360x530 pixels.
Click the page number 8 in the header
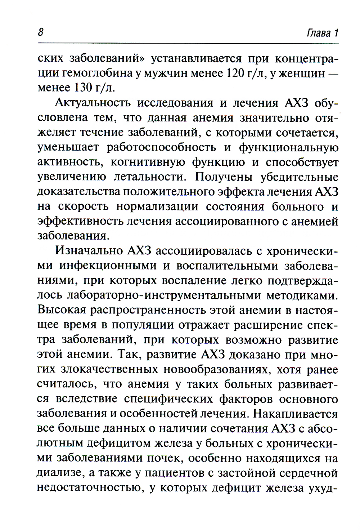[40, 32]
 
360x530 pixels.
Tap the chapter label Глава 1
[323, 33]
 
